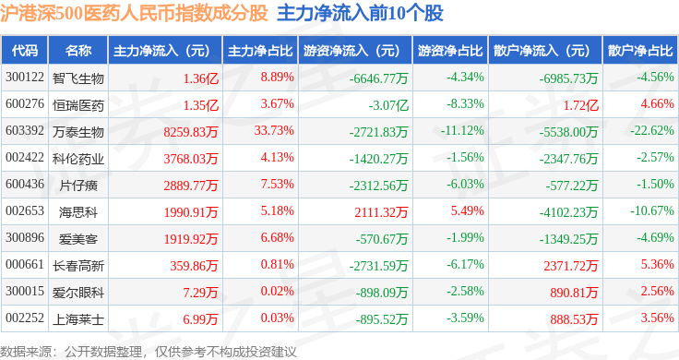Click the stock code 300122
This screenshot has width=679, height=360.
25,78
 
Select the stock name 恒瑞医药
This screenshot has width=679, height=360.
78,105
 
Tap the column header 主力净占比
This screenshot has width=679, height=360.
260,51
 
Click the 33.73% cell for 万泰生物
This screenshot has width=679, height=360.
274,130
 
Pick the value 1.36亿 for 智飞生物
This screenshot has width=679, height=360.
201,78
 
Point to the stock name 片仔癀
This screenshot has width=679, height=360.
78,186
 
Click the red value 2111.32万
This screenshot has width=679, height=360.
381,212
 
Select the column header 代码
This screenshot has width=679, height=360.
25,51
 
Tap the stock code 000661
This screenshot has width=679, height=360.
25,264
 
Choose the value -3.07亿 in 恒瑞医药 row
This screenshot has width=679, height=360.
388,105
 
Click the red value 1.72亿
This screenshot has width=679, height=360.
580,105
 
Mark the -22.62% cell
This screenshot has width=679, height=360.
652,130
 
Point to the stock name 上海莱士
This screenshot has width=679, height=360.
78,319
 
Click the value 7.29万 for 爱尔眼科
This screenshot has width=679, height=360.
200,293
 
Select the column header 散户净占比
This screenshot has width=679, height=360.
640,51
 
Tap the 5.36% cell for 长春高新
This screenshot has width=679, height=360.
658,264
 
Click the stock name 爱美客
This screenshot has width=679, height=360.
78,239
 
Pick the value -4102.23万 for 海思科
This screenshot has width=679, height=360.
568,212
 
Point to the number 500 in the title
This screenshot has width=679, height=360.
69,14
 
